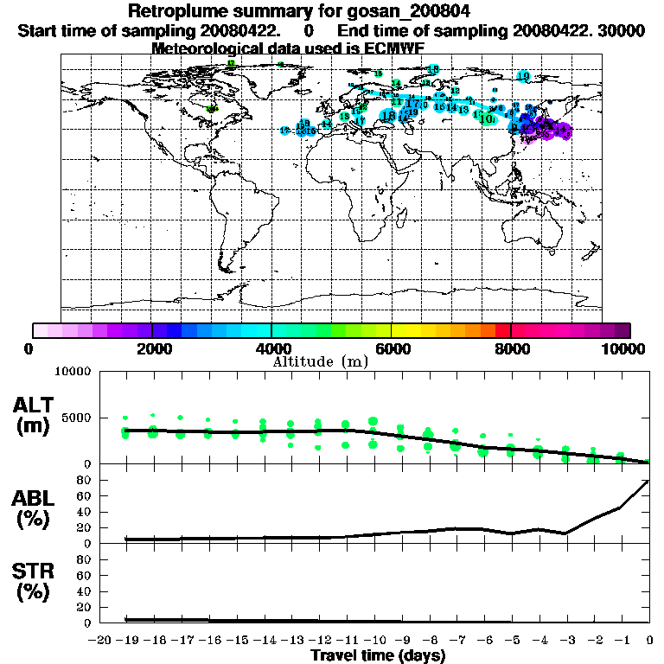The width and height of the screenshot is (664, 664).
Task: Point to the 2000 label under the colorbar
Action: (x=152, y=349)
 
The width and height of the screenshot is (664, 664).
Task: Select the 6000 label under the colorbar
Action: (x=391, y=349)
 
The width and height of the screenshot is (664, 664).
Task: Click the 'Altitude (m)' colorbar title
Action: (x=321, y=361)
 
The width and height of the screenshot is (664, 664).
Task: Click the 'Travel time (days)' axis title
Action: (x=378, y=656)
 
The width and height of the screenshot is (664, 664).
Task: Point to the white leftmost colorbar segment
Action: (x=40, y=330)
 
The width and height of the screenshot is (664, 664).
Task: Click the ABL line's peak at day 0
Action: (x=648, y=481)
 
